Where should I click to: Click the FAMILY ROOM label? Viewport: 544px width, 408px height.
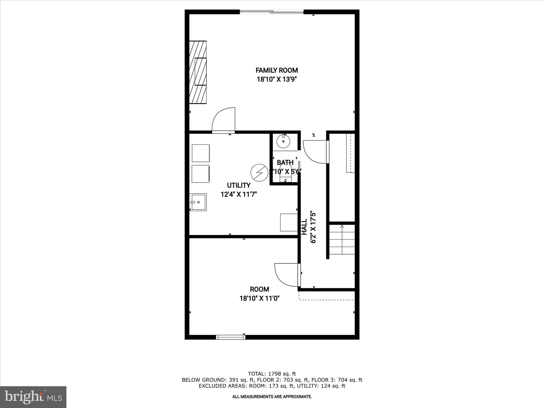click(x=277, y=70)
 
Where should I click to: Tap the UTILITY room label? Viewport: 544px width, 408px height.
click(x=239, y=185)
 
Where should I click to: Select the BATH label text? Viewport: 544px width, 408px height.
click(x=285, y=163)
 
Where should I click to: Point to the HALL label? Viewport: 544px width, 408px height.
click(x=304, y=227)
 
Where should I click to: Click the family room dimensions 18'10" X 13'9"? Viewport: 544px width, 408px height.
click(x=277, y=79)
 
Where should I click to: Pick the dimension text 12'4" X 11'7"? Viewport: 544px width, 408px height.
click(x=239, y=194)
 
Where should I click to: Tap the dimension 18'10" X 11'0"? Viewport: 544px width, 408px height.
click(x=259, y=298)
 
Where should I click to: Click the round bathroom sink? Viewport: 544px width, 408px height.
click(x=283, y=141)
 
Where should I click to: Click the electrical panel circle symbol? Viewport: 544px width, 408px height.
click(x=259, y=173)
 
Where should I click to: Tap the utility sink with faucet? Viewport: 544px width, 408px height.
click(x=198, y=202)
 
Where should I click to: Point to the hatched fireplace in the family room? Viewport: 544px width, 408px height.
click(x=198, y=72)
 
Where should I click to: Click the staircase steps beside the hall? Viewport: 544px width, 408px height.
click(x=342, y=240)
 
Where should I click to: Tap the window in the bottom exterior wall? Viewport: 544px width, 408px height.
click(x=230, y=337)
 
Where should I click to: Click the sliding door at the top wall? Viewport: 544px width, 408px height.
click(x=271, y=12)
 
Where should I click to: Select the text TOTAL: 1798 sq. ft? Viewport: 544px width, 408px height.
click(x=272, y=374)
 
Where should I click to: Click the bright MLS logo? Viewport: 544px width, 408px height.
click(x=33, y=397)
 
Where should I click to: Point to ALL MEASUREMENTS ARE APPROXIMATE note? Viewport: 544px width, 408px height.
click(x=272, y=397)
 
